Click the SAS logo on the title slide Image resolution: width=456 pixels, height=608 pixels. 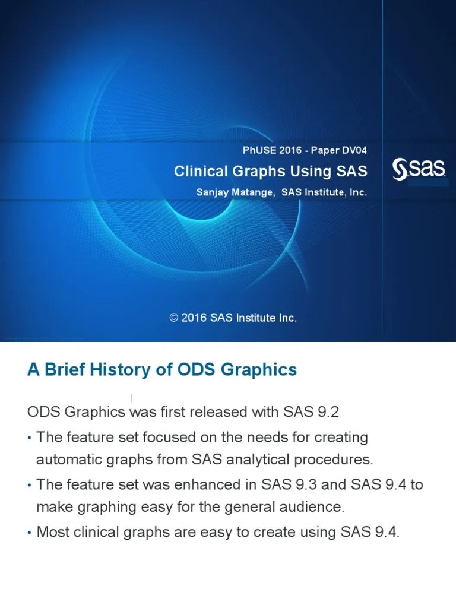pos(419,169)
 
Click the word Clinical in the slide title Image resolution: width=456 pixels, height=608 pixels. pos(201,171)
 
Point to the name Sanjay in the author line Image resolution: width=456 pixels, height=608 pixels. pos(213,193)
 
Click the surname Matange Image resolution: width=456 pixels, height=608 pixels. pos(253,192)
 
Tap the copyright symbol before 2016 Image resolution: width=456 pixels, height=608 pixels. pos(174,318)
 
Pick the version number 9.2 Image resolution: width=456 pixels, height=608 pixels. pos(328,412)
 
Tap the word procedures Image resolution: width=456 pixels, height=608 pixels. pos(334,460)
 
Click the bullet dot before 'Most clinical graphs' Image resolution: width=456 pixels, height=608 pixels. pos(30,533)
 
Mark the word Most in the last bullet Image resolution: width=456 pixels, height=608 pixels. pos(53,532)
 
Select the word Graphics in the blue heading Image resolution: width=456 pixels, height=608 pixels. pos(259,370)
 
